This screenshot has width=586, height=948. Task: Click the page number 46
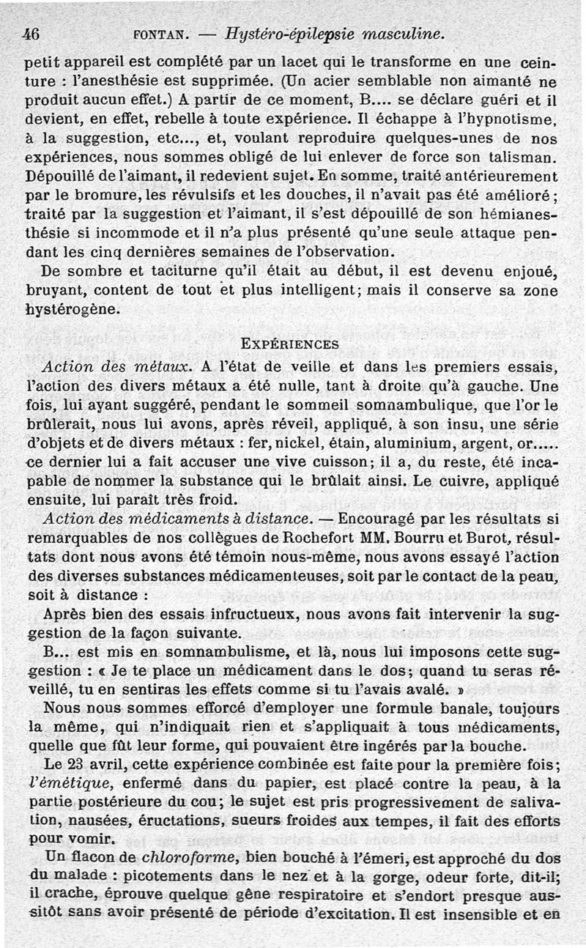(x=30, y=33)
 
